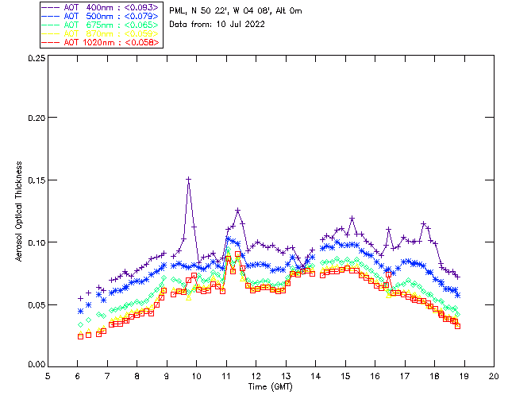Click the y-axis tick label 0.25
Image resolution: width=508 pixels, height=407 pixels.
coord(33,59)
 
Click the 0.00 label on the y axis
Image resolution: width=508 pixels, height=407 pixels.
coord(33,365)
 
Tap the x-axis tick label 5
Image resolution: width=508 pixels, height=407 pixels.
coord(48,375)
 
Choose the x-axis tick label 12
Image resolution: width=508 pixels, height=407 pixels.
coord(256,375)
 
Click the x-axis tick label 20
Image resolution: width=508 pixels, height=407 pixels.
coord(494,375)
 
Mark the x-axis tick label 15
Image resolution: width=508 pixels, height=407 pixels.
coord(345,375)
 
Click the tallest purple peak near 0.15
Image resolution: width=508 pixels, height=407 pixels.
coord(188,180)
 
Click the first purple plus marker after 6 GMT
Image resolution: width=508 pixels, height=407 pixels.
coord(80,298)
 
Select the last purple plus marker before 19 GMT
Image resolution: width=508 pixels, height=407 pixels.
coord(458,277)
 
